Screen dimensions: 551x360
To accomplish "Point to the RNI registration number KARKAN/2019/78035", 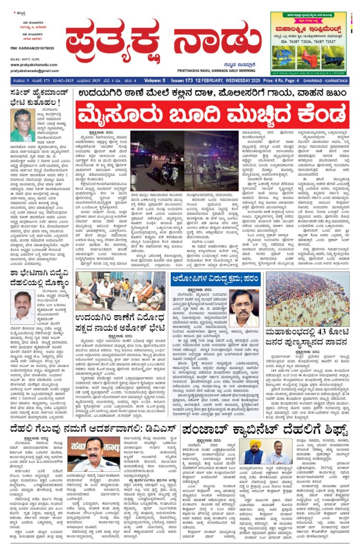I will [x=32, y=48].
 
